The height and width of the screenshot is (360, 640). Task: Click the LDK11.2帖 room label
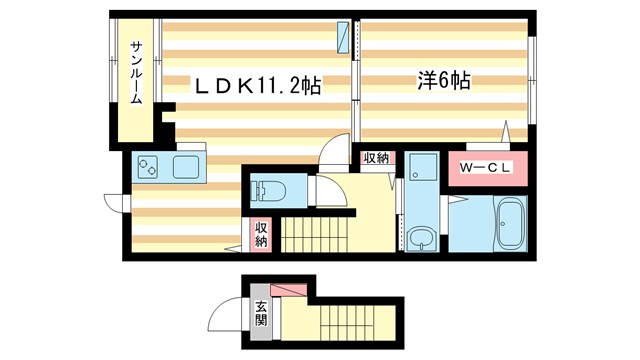[x=259, y=87]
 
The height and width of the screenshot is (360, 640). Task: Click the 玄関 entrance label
[x=260, y=313]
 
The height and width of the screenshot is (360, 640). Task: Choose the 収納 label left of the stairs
[x=261, y=234]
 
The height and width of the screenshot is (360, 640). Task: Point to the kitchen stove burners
[x=147, y=166]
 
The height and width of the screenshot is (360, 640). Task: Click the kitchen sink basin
[x=187, y=166]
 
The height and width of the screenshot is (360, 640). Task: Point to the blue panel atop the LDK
[x=345, y=37]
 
